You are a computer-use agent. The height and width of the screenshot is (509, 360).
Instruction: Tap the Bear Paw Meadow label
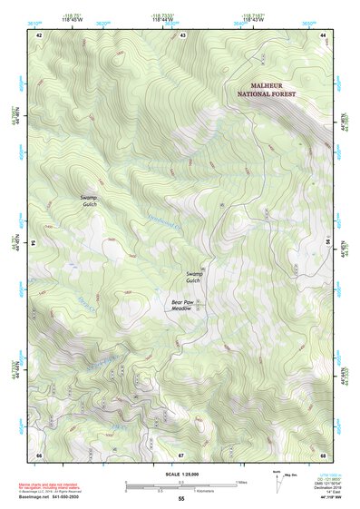(183, 305)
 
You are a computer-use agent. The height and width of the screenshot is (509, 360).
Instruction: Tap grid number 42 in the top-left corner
(39, 34)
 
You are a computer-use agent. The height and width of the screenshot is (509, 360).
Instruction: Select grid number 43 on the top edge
(182, 34)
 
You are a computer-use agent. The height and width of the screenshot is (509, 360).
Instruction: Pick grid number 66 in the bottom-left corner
(39, 454)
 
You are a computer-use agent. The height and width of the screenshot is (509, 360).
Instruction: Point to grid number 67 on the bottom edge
(181, 454)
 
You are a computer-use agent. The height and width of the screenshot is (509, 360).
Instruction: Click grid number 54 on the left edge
(34, 244)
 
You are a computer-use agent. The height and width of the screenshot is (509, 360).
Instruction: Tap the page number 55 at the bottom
(180, 499)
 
